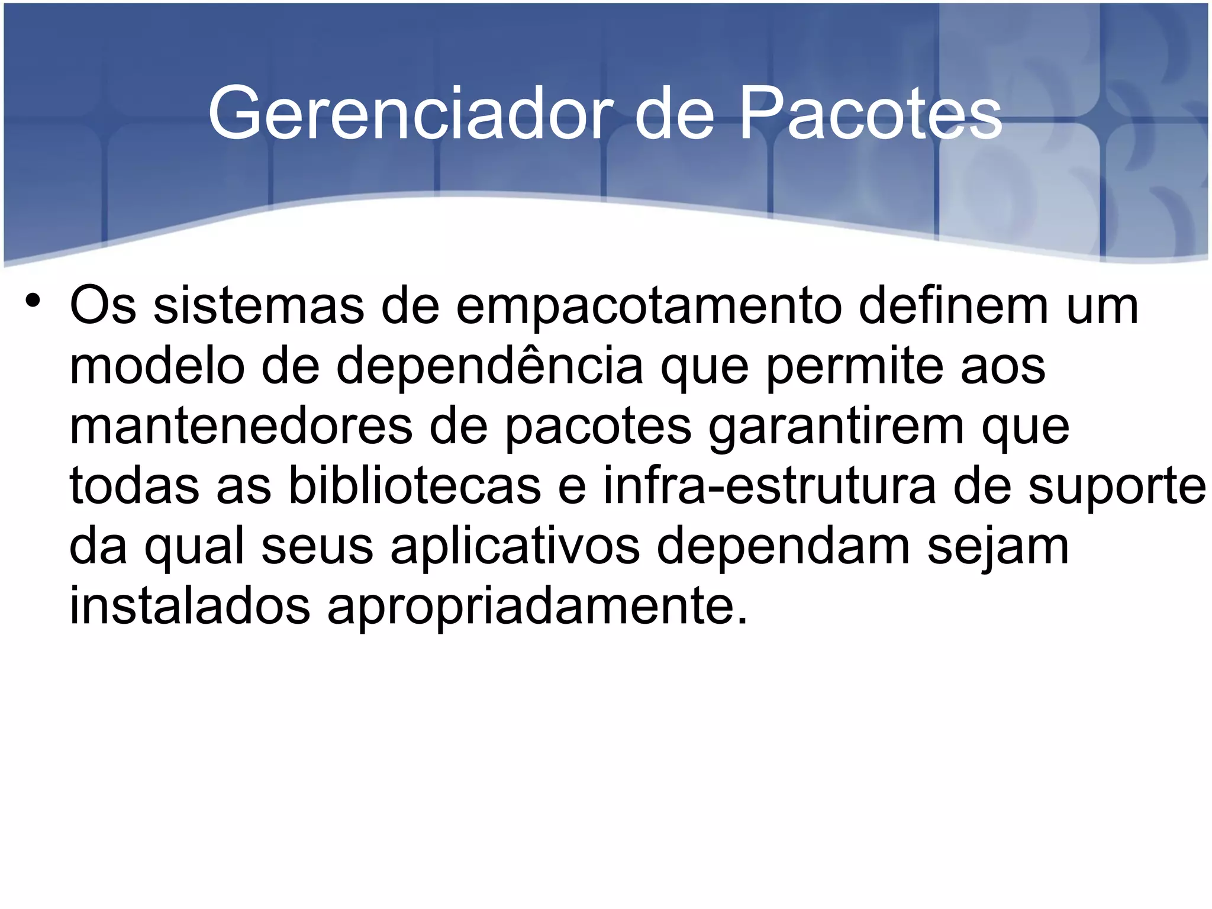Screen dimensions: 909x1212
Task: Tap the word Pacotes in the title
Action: (870, 114)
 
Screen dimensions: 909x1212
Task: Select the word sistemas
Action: (259, 307)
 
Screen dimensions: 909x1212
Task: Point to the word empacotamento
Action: (649, 307)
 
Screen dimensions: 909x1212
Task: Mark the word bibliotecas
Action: (414, 486)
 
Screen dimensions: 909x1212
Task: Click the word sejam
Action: (998, 547)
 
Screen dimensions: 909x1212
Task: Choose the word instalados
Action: (189, 607)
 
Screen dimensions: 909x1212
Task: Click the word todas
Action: (134, 486)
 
